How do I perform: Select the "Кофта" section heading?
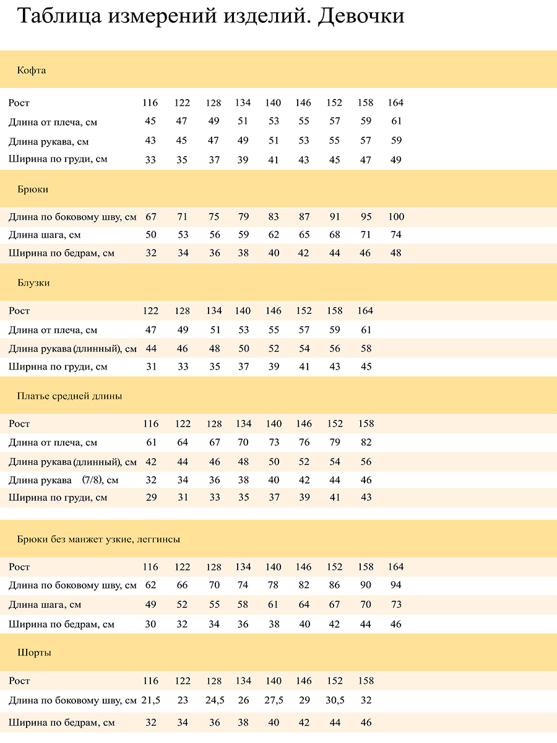point(32,71)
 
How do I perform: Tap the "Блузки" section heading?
point(33,283)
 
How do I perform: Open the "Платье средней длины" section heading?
point(69,396)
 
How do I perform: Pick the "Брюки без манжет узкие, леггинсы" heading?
point(98,539)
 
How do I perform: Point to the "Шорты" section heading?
point(34,653)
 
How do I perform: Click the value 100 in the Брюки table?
point(396,217)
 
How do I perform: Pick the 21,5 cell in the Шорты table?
point(151,700)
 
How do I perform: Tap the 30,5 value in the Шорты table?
point(335,700)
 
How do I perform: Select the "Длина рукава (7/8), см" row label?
point(63,480)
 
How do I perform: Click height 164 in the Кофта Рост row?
point(395,103)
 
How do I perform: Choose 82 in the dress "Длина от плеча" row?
point(366,443)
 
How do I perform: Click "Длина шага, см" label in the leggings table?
point(45,605)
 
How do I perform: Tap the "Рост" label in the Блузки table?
point(19,311)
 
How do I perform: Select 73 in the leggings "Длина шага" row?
point(396,605)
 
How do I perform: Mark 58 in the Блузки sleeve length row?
point(366,349)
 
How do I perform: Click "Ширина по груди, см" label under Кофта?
point(58,159)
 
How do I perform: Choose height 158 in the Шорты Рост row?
point(366,681)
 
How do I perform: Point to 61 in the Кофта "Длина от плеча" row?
point(396,121)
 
